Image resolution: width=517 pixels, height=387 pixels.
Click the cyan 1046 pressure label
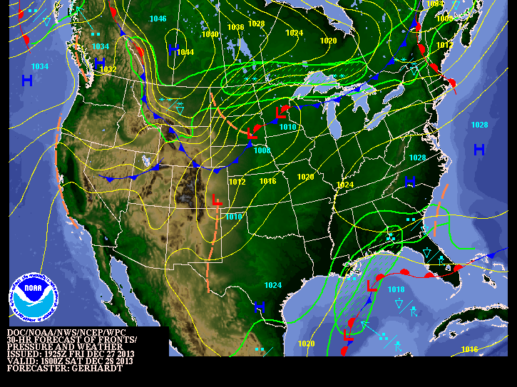coord(158,19)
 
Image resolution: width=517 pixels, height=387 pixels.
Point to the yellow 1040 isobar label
coord(210,34)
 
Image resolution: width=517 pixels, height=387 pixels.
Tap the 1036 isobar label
coord(235,27)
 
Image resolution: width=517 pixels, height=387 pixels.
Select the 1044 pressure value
coord(185,52)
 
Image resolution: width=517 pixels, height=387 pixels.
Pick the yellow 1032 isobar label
coord(108,69)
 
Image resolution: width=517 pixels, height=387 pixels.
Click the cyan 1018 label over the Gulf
coord(396,289)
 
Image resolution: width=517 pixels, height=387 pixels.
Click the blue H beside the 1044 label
coord(173,48)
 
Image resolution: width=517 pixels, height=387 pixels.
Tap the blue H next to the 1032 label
coord(100,63)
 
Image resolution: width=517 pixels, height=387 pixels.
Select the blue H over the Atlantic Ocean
coord(479,149)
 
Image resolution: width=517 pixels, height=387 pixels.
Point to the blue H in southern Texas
coord(260,307)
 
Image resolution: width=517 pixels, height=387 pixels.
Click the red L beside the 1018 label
coord(372,287)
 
